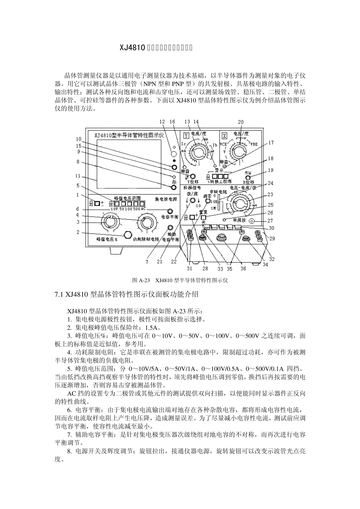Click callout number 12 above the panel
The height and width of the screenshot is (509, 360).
[x=163, y=122]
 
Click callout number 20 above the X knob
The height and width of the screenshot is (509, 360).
[x=241, y=122]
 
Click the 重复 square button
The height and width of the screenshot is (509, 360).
[x=203, y=218]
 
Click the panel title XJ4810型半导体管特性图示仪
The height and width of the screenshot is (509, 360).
[x=126, y=134]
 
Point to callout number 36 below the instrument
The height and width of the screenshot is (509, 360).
[x=243, y=269]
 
